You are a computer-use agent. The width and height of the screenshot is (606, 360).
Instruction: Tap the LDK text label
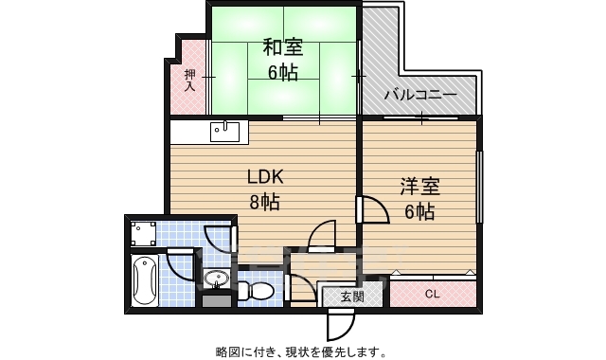click(265, 177)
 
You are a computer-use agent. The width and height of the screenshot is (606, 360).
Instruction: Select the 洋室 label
click(419, 187)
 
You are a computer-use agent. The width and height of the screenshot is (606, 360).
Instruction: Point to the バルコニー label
click(420, 96)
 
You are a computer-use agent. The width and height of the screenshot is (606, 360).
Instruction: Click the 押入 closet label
click(189, 79)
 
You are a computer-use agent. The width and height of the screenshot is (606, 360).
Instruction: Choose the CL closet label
click(432, 294)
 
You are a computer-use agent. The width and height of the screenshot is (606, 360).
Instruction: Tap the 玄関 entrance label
click(351, 297)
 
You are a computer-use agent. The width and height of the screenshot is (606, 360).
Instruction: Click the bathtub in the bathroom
click(144, 280)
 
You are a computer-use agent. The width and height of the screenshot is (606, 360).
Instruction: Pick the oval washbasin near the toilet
click(216, 279)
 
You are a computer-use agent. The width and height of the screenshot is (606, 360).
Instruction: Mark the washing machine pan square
click(144, 232)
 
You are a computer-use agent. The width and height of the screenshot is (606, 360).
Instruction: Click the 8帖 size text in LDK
click(264, 201)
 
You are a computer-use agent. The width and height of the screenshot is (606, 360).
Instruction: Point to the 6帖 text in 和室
click(281, 72)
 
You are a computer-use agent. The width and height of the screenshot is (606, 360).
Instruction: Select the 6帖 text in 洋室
click(419, 211)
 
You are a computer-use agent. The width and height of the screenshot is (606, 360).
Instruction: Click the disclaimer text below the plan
click(301, 351)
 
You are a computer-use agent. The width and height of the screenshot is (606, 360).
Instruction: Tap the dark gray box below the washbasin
click(216, 301)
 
